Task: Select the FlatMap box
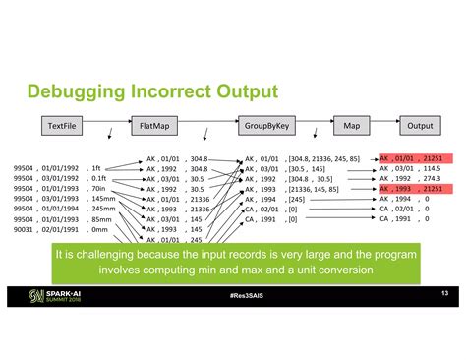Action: click(x=155, y=126)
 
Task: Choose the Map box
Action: click(x=351, y=126)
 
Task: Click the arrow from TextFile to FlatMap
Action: click(x=108, y=126)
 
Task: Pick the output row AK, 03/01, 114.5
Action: click(x=410, y=168)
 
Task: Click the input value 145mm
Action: click(x=102, y=199)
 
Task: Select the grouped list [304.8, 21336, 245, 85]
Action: click(x=323, y=158)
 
